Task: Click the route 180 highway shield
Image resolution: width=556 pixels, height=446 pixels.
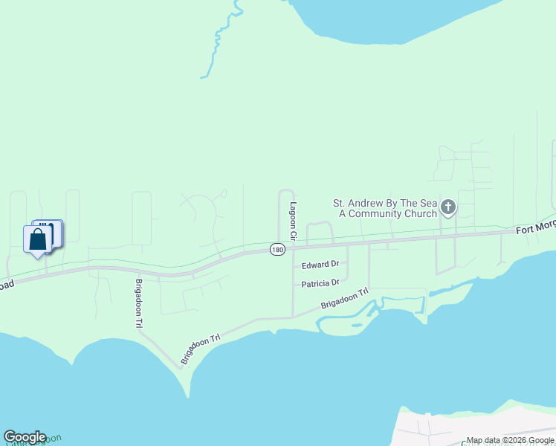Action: coord(277,251)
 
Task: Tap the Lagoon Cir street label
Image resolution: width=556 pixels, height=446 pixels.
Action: coord(293,221)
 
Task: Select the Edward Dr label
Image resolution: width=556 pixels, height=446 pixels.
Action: coord(320,264)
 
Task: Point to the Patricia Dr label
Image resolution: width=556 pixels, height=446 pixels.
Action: coord(320,283)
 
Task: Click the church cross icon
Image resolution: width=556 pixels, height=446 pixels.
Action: coord(447,207)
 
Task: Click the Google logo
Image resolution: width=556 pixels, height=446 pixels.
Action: coord(25,437)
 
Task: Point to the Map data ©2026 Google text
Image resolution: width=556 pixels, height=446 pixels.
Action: coord(510,441)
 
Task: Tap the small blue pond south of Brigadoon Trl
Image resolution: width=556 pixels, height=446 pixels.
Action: coord(357,325)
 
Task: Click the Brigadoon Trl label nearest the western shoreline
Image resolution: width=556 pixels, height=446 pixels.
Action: coord(201,346)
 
